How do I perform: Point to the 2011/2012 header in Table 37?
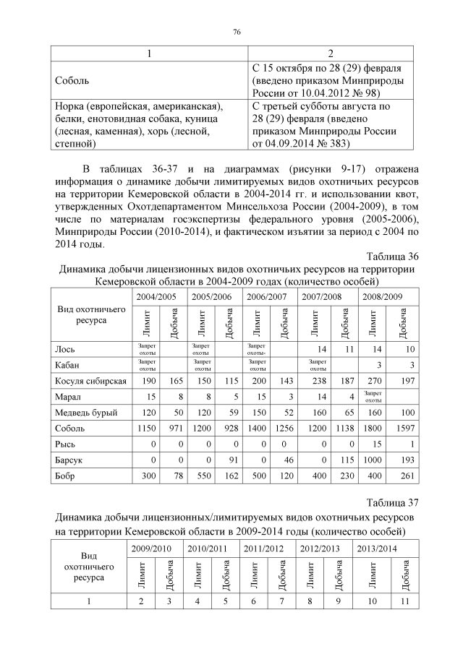(264, 549)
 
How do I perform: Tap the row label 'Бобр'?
(67, 476)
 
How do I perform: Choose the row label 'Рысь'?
(66, 444)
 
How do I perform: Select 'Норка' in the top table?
(69, 106)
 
